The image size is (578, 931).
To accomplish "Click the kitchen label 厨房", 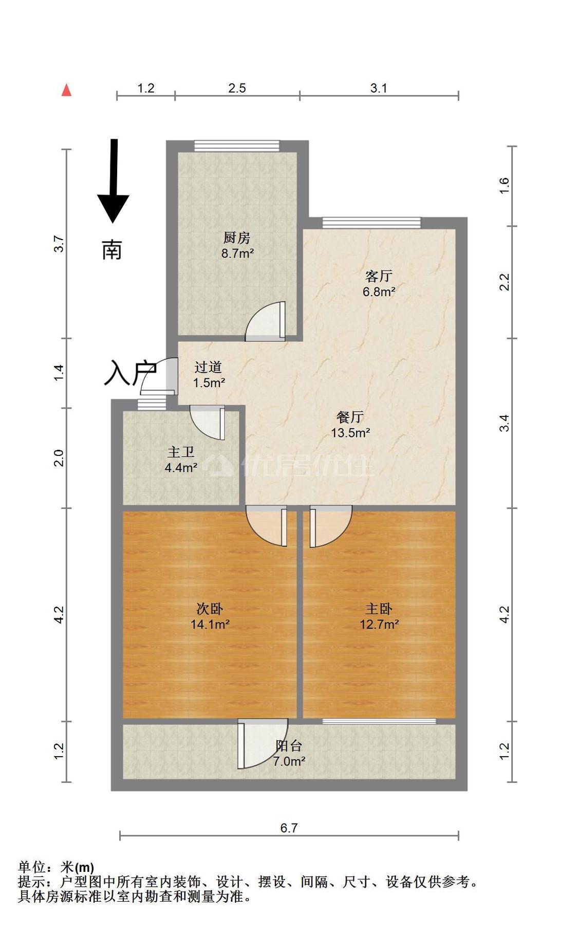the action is point(236,238).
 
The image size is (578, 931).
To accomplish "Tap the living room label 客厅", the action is point(379,276).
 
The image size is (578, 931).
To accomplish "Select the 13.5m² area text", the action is point(350,433).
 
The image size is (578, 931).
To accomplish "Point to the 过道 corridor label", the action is point(208,367).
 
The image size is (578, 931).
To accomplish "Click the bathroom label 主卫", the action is point(181,452).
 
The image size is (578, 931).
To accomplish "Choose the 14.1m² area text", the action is point(210,625).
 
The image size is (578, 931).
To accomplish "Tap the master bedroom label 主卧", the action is point(379,609).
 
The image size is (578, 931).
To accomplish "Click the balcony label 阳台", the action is point(289,746).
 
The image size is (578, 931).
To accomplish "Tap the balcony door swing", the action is point(262,743).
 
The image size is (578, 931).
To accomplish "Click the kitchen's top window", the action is point(237,146).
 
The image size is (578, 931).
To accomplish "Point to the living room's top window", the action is point(371,223).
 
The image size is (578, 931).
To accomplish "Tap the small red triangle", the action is point(66,90).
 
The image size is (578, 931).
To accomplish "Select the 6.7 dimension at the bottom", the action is point(289,828).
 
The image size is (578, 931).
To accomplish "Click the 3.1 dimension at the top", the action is point(379,88).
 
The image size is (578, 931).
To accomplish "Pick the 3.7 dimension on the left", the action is point(59,244).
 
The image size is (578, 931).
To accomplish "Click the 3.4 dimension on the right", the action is point(505,423).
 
